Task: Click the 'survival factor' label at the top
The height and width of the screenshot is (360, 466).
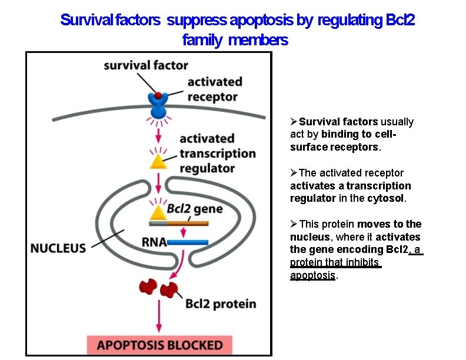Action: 146,65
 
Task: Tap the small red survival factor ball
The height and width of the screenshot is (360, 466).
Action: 158,95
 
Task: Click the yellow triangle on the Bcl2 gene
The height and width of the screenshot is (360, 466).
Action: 158,213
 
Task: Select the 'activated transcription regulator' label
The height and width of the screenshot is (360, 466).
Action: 217,153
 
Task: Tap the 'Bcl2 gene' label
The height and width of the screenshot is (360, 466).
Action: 195,208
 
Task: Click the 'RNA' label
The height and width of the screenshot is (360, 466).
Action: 154,242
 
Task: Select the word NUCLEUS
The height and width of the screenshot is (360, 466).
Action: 58,248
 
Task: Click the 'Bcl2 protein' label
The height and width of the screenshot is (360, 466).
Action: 221,304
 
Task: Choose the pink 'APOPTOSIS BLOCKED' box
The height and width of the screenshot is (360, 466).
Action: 159,345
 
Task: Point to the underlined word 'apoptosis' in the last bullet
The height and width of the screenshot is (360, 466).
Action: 312,275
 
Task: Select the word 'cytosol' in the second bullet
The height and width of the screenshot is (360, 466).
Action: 385,198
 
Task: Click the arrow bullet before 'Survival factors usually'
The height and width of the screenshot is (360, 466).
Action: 294,122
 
